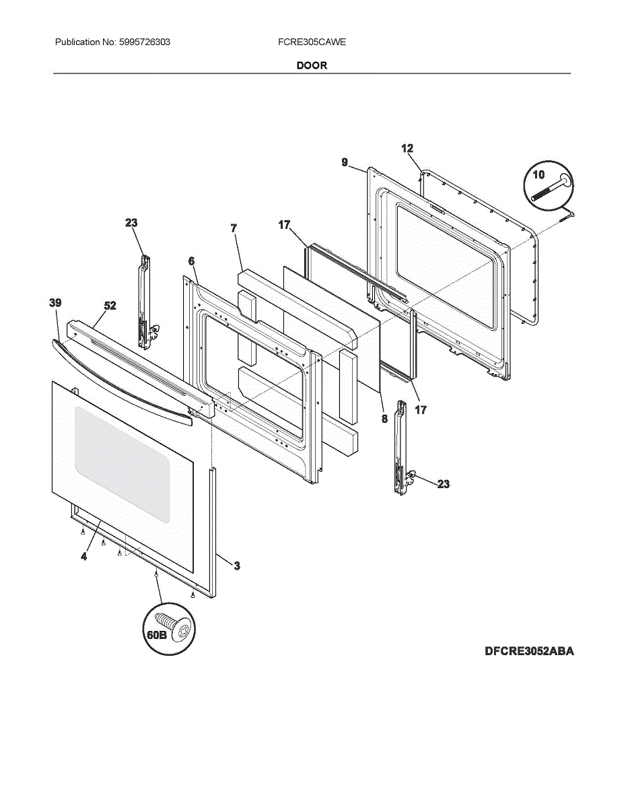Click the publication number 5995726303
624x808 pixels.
pos(143,42)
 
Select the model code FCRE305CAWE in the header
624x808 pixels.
pos(312,42)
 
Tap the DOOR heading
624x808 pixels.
pos(312,65)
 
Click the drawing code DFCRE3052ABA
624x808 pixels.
pos(529,651)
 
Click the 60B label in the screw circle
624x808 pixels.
pos(156,634)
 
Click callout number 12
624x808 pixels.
pos(407,149)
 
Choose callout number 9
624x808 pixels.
pos(345,162)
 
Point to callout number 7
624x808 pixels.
pos(234,228)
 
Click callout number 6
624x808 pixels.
pos(191,261)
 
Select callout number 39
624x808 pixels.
pos(55,304)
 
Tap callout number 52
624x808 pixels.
pos(110,306)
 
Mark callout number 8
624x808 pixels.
pos(384,418)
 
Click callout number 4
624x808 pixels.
pos(84,556)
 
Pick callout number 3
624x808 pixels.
pos(237,566)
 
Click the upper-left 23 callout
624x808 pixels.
pos(131,223)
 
